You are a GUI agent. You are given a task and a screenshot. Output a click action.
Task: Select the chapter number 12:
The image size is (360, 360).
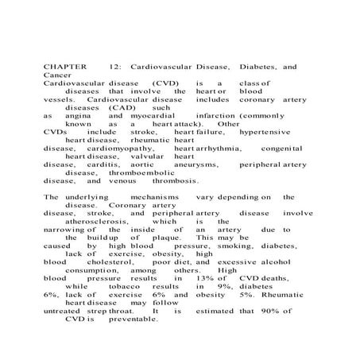click(x=114, y=68)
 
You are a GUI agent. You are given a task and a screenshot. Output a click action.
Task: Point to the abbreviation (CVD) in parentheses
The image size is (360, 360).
click(x=168, y=83)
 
